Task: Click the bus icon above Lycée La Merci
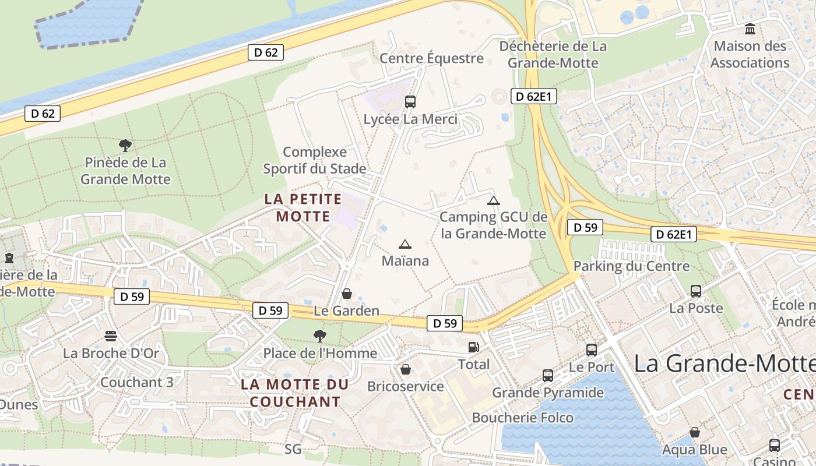[x=410, y=102]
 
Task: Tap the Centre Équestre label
[x=431, y=58]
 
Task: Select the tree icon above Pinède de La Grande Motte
[x=125, y=145]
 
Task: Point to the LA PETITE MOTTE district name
[x=303, y=208]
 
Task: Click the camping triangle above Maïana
[x=405, y=244]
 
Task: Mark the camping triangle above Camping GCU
[x=494, y=201]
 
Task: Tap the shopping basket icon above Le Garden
[x=347, y=294]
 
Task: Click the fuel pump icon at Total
[x=474, y=347]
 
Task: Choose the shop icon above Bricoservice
[x=406, y=369]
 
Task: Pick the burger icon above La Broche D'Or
[x=111, y=336]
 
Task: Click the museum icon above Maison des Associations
[x=750, y=29]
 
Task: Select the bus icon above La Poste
[x=695, y=291]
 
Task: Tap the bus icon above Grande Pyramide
[x=548, y=375]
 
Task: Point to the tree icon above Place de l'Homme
[x=319, y=336]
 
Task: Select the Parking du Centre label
[x=631, y=266]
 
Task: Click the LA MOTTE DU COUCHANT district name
[x=295, y=393]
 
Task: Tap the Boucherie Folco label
[x=522, y=418]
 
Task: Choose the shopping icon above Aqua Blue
[x=695, y=432]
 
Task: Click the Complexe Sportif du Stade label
[x=315, y=160]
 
